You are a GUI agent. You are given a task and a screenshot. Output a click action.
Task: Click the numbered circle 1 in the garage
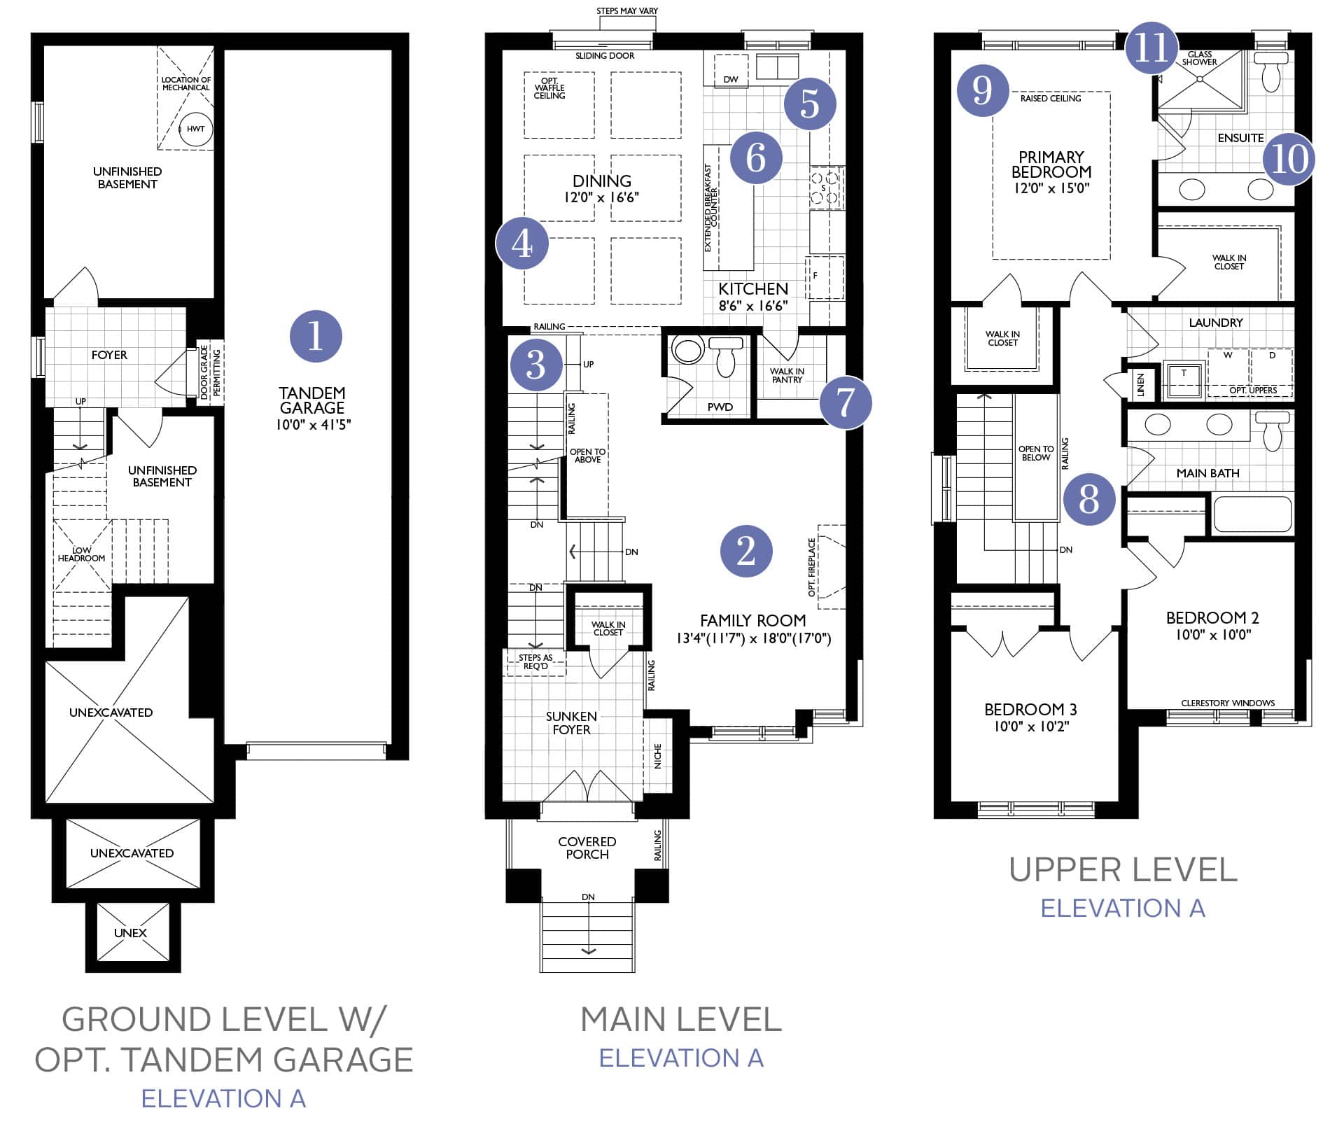(316, 336)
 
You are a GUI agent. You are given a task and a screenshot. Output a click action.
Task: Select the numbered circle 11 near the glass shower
(1151, 48)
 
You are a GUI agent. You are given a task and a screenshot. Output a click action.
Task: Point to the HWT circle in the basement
(196, 129)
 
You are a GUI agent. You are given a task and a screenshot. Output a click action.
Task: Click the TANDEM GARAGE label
(312, 400)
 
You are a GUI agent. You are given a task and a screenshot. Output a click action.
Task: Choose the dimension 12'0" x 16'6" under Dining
(601, 197)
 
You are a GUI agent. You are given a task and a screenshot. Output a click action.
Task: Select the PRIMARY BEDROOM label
(1051, 164)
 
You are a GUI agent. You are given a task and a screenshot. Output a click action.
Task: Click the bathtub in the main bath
(1252, 514)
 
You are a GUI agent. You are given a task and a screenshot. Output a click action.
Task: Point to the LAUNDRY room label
(1216, 323)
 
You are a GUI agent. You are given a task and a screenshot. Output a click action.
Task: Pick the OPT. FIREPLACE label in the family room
(812, 567)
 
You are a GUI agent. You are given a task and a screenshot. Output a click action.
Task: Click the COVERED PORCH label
(587, 848)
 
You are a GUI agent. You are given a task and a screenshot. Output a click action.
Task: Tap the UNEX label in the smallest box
(130, 933)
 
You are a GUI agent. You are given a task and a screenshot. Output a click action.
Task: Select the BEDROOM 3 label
(1030, 709)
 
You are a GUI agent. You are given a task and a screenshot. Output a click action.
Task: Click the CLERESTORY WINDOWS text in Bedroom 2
(1228, 703)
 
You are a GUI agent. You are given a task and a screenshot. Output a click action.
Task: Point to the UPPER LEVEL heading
(1123, 870)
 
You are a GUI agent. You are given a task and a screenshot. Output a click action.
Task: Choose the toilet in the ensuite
(1271, 73)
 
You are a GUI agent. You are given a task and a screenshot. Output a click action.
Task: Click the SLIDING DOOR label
(605, 56)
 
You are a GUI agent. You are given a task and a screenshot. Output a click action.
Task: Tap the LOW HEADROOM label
(81, 554)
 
